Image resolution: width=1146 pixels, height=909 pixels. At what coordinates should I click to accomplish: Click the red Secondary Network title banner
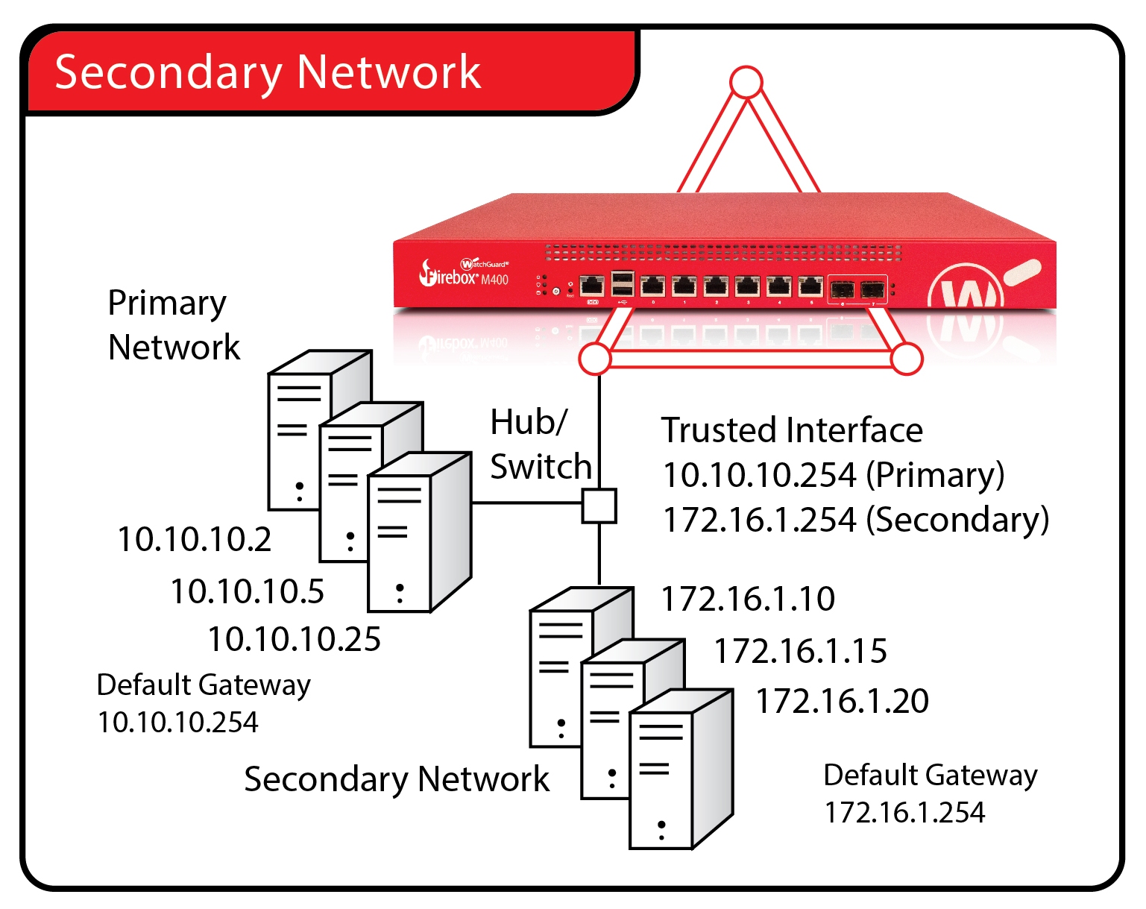(328, 72)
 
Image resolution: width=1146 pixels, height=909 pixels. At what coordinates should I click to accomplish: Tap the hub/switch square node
(599, 506)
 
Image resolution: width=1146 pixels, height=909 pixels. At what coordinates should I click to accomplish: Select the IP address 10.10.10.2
(195, 539)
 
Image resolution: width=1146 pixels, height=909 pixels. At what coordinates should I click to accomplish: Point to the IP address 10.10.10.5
(248, 591)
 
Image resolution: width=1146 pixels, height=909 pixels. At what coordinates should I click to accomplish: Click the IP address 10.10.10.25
(295, 639)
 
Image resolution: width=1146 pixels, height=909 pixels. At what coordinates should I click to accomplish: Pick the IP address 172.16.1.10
(748, 599)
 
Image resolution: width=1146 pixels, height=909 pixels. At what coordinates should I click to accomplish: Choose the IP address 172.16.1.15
(801, 651)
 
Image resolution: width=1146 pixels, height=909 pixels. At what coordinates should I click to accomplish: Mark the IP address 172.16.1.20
(843, 701)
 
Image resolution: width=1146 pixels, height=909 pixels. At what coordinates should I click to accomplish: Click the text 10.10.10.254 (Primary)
(834, 475)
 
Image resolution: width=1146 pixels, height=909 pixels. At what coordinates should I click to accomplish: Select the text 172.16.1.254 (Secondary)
(856, 520)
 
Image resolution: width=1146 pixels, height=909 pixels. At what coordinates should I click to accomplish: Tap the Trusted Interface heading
(792, 430)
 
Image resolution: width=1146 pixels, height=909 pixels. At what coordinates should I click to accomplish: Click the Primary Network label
(174, 325)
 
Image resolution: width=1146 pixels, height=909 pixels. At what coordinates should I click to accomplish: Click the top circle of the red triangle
(746, 82)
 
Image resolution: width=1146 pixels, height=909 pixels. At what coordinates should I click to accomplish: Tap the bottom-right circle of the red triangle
(907, 359)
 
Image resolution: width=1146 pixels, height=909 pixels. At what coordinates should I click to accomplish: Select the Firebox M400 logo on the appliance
(465, 274)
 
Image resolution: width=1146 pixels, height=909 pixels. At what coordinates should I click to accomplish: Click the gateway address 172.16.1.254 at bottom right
(904, 812)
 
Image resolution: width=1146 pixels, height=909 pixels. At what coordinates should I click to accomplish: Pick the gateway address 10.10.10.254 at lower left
(178, 722)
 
